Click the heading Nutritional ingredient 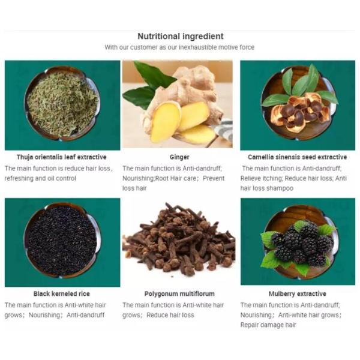coord(181,36)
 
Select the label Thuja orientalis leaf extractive coord(62,157)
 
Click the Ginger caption coord(179,157)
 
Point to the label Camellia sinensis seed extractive coord(298,157)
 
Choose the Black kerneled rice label coord(62,293)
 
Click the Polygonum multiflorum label coord(179,293)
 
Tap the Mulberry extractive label coord(298,293)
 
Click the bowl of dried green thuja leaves coord(62,104)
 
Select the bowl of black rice coord(62,241)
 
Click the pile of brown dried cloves coord(179,239)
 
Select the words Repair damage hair coord(268,325)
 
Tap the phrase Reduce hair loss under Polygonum coord(170,315)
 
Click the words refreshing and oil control coord(40,178)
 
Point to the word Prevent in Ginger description coord(214,178)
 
